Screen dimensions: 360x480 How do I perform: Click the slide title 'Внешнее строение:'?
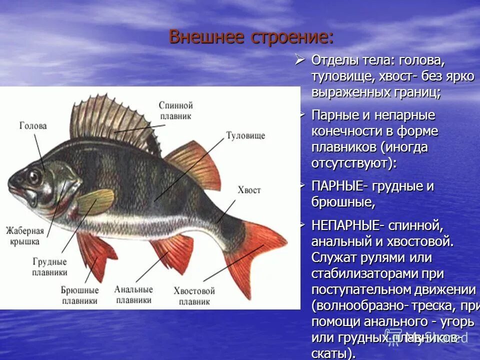click(x=251, y=37)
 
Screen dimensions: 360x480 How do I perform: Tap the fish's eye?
click(x=35, y=177)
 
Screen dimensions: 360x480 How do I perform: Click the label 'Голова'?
click(x=33, y=126)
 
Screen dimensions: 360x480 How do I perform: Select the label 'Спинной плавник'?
click(x=175, y=110)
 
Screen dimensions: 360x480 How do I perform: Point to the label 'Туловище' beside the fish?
click(x=245, y=135)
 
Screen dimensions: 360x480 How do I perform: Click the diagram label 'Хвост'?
click(x=249, y=190)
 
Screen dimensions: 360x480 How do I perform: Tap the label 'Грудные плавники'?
click(x=49, y=267)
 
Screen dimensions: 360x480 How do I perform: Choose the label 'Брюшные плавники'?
click(x=79, y=295)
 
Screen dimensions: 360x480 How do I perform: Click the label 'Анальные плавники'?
click(x=133, y=294)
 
